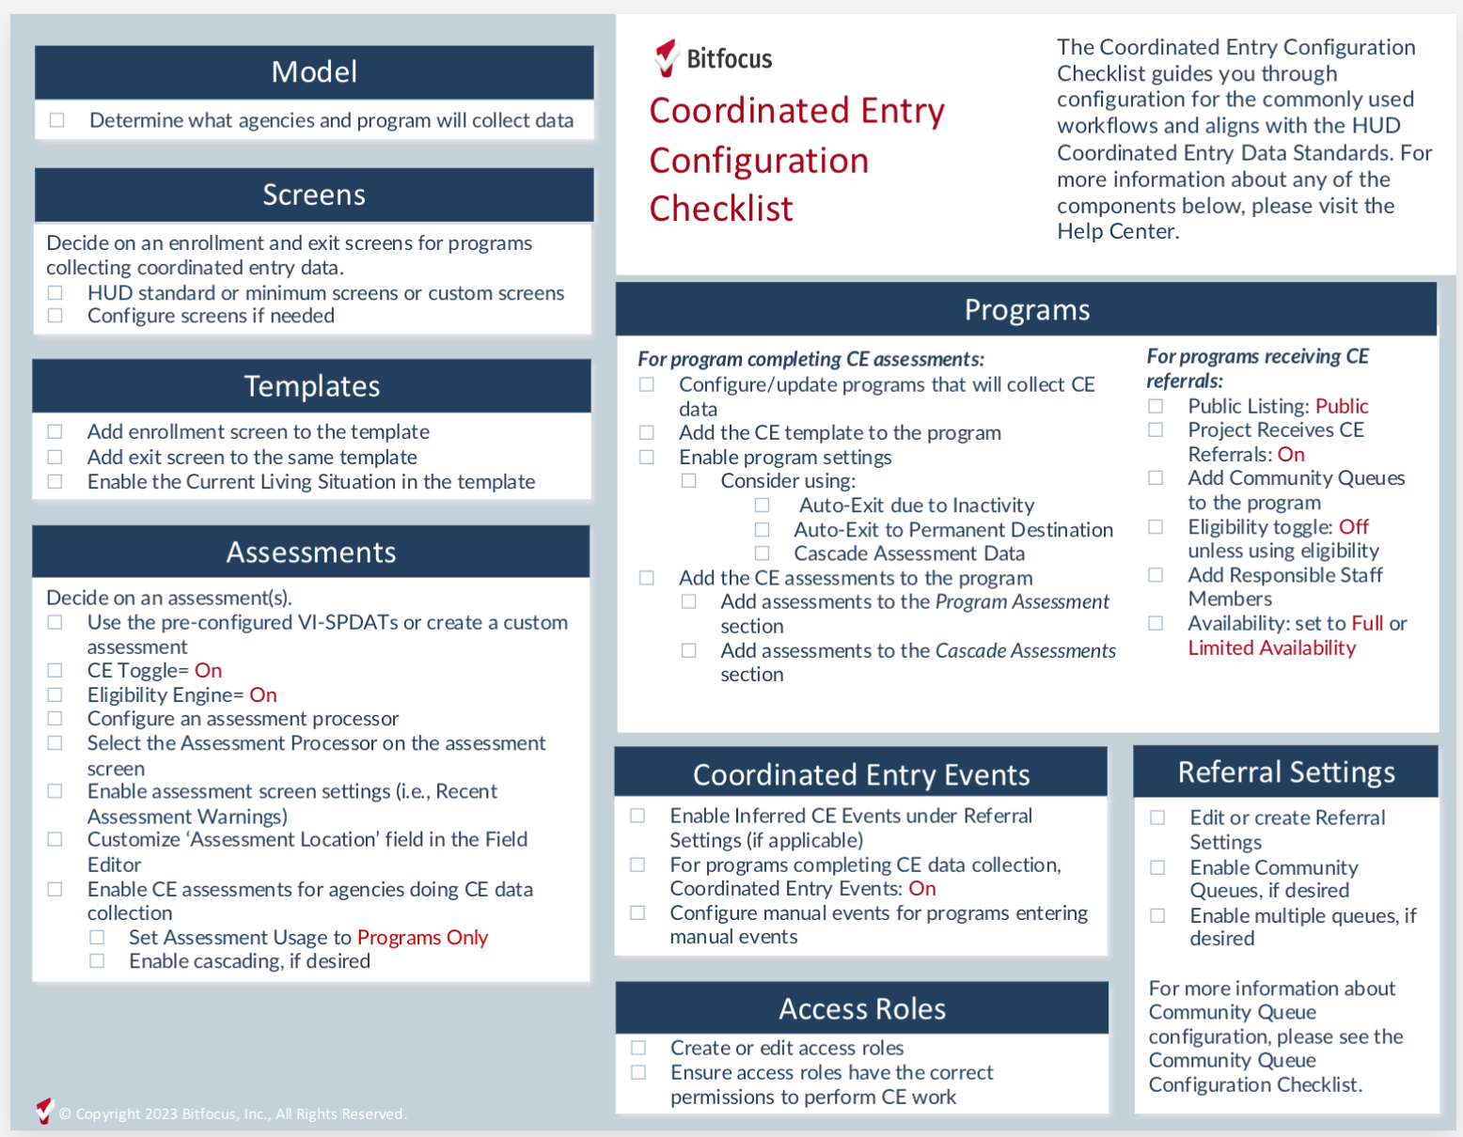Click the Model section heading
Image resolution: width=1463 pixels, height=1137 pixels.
[314, 72]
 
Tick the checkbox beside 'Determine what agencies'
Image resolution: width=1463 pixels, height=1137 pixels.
[57, 120]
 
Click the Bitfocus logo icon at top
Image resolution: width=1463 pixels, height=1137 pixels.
[667, 57]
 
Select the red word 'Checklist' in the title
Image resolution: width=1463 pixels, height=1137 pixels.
[721, 209]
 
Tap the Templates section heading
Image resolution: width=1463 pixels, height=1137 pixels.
[312, 386]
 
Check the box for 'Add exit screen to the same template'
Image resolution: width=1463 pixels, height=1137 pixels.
[55, 457]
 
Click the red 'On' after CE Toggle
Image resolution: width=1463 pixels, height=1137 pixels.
[208, 671]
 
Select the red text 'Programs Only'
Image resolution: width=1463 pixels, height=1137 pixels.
[422, 938]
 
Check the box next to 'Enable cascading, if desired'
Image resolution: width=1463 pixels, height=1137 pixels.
[97, 961]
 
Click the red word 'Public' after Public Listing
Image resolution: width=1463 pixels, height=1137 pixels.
[1342, 406]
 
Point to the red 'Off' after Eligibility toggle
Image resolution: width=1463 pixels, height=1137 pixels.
[1354, 527]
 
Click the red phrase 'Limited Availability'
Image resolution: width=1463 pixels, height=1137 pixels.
[1271, 648]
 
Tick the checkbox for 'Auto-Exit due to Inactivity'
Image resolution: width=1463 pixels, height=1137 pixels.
[762, 506]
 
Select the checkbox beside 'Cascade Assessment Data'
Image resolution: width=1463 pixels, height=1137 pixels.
[762, 554]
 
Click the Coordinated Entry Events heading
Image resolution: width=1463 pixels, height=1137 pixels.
[861, 775]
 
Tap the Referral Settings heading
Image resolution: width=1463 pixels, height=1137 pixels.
[1286, 772]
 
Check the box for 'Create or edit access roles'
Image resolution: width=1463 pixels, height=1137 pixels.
[638, 1048]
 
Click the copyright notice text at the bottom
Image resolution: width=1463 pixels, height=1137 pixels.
[232, 1114]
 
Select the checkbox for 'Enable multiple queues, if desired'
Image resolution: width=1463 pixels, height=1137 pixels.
[1157, 915]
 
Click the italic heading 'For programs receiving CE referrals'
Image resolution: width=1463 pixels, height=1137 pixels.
[1256, 368]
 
